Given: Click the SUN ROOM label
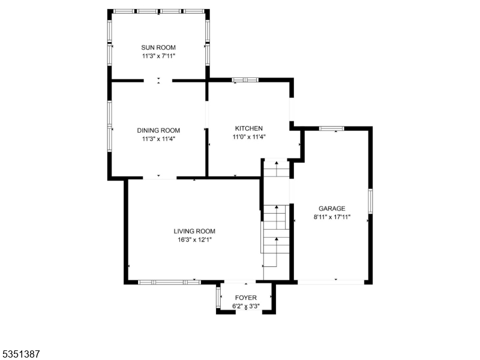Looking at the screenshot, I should [x=158, y=47].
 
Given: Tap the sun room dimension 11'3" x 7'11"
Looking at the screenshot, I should [x=158, y=56].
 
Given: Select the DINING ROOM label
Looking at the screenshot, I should [x=158, y=130].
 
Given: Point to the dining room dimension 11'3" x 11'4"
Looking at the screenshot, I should [x=158, y=139].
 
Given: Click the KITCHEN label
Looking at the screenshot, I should [x=248, y=128].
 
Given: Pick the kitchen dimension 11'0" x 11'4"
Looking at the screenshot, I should [x=248, y=137].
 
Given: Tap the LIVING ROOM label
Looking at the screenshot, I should [x=194, y=231].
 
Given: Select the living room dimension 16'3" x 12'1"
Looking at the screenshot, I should [x=194, y=239].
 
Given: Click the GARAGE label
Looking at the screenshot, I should [x=332, y=209].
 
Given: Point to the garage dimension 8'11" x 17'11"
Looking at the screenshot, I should [x=332, y=217].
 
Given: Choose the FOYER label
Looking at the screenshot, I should [x=245, y=298].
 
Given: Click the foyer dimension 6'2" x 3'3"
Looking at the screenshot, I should [x=245, y=306].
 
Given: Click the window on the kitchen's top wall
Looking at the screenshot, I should [x=245, y=79].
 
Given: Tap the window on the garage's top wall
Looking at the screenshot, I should [x=331, y=128].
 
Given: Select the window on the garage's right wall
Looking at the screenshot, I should [x=370, y=201].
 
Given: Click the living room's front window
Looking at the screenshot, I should [x=169, y=281].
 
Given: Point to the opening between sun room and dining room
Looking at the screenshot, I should [x=158, y=80].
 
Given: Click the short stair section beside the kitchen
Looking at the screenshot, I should [x=277, y=169].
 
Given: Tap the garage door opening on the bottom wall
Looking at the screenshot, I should [x=331, y=281].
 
